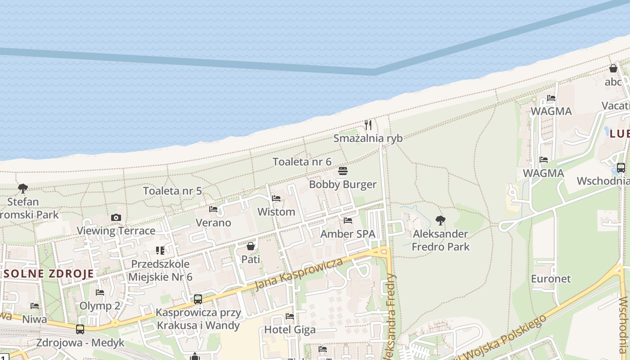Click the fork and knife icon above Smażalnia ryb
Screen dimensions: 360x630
point(368,125)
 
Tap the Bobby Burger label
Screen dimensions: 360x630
point(342,184)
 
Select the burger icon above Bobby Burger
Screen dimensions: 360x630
point(343,171)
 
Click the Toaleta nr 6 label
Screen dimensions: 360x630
point(302,162)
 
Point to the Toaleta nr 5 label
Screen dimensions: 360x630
point(172,191)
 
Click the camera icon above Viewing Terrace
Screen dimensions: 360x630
point(116,218)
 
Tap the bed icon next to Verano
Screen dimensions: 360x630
point(213,209)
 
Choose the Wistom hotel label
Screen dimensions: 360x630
point(276,211)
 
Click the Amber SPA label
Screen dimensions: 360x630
point(347,234)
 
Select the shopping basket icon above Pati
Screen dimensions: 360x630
point(251,246)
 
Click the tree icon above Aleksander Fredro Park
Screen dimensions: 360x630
point(441,220)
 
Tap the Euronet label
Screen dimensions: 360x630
point(551,279)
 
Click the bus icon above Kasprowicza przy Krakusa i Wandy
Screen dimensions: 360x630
point(198,299)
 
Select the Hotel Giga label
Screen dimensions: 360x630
point(290,329)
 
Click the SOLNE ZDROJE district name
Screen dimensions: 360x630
point(49,273)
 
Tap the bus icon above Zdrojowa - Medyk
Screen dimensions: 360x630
point(80,329)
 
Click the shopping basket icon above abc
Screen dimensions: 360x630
point(613,69)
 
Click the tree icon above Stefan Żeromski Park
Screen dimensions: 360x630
point(23,189)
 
